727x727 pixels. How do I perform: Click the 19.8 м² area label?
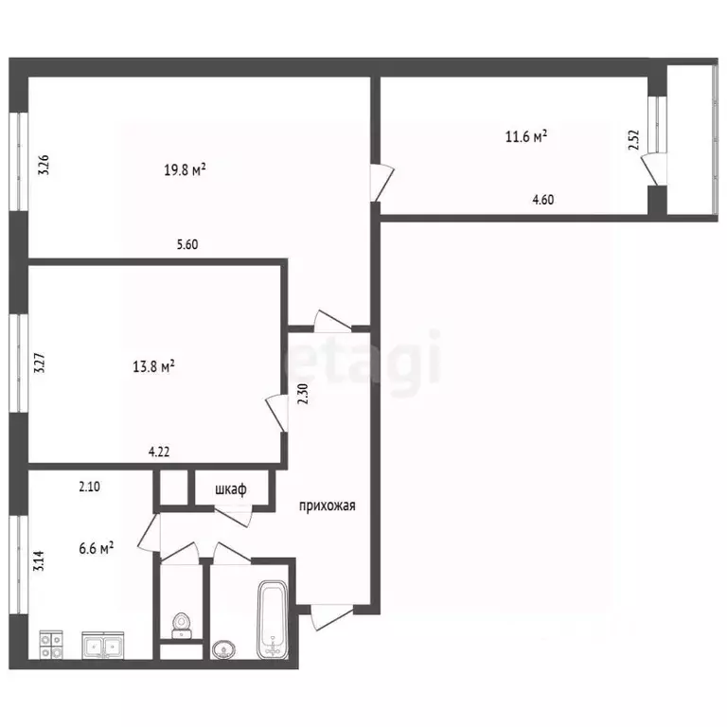(x=186, y=170)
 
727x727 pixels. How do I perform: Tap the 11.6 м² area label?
(x=527, y=137)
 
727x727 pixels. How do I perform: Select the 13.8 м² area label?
(x=154, y=365)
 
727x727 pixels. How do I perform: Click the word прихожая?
(x=327, y=505)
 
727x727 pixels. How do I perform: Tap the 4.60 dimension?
(x=543, y=199)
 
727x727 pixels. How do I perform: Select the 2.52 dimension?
(x=633, y=142)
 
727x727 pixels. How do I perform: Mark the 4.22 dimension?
(x=160, y=452)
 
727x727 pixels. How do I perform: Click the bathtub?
(x=273, y=619)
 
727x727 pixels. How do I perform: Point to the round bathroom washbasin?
(x=224, y=648)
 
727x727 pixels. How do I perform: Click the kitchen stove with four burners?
(x=50, y=646)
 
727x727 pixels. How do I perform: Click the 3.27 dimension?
(x=40, y=364)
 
